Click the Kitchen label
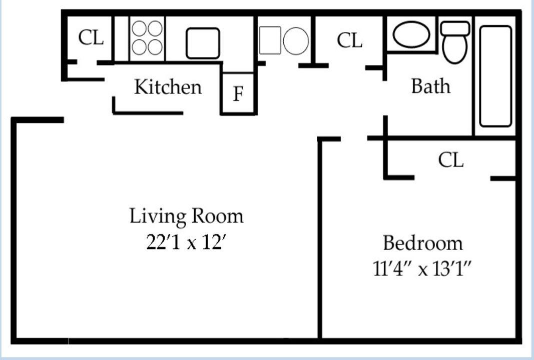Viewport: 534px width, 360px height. point(168,87)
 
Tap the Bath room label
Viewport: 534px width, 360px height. point(430,86)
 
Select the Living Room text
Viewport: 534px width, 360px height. point(187,216)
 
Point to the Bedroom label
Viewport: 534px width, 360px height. point(422,243)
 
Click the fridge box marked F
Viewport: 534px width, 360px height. point(239,93)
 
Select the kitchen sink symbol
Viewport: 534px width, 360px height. point(203,43)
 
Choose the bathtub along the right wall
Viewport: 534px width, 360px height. point(495,76)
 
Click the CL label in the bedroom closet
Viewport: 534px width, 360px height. point(450,160)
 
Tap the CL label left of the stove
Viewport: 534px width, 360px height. point(91,37)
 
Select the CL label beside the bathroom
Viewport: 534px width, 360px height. point(349,40)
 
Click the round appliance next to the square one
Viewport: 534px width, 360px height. point(296,40)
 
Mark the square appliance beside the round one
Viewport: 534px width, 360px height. point(270,40)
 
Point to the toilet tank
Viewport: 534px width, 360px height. point(455,28)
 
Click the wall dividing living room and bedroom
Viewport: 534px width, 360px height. point(319,240)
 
